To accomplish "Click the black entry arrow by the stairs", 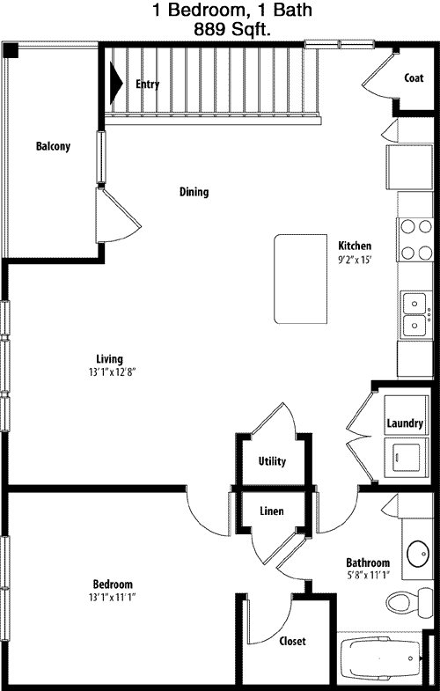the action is point(115,83).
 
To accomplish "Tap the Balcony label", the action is point(53,146).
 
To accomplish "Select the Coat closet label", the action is point(414,78).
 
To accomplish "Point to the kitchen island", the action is point(301,279).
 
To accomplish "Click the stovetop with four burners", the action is point(414,239).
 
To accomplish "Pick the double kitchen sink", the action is point(414,314).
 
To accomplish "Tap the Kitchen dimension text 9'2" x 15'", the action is point(355,260).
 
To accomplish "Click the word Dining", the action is point(194,192).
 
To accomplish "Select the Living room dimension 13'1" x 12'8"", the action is point(110,372).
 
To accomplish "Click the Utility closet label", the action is point(272,461).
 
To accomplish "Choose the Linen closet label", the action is point(271,511).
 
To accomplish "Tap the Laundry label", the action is point(405,423).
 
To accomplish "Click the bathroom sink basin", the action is point(418,554).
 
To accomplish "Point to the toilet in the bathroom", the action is point(409,602).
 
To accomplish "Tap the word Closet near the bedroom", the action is point(292,641).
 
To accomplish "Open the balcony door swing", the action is point(119,216).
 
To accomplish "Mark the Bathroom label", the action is point(368,562).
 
